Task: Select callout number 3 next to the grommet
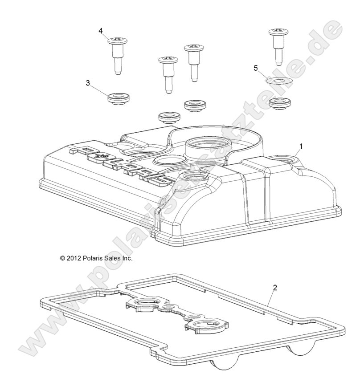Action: [x=88, y=83]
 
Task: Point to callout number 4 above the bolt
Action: [x=101, y=31]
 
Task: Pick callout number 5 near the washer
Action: [x=256, y=68]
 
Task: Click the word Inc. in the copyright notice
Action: [x=127, y=258]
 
